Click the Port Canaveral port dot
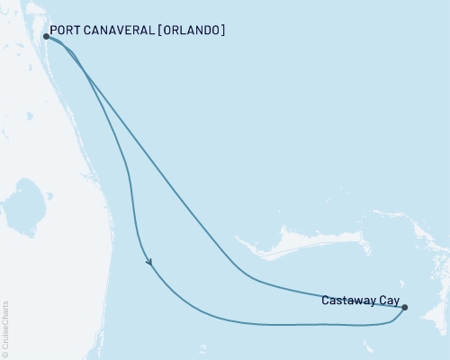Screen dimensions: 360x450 pos(46,37)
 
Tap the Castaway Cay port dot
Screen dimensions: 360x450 pos(404,308)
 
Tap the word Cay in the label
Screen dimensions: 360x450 pos(391,301)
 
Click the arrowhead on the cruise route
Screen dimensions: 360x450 pos(149,262)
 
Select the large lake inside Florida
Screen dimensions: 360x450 pos(22,202)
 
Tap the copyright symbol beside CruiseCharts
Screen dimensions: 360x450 pos(5,354)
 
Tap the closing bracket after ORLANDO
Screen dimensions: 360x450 pos(222,31)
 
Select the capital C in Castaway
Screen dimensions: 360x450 pos(325,301)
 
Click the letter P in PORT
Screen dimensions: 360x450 pos(54,31)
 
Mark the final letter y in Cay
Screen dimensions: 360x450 pos(398,301)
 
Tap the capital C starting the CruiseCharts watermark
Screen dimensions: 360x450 pos(5,346)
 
